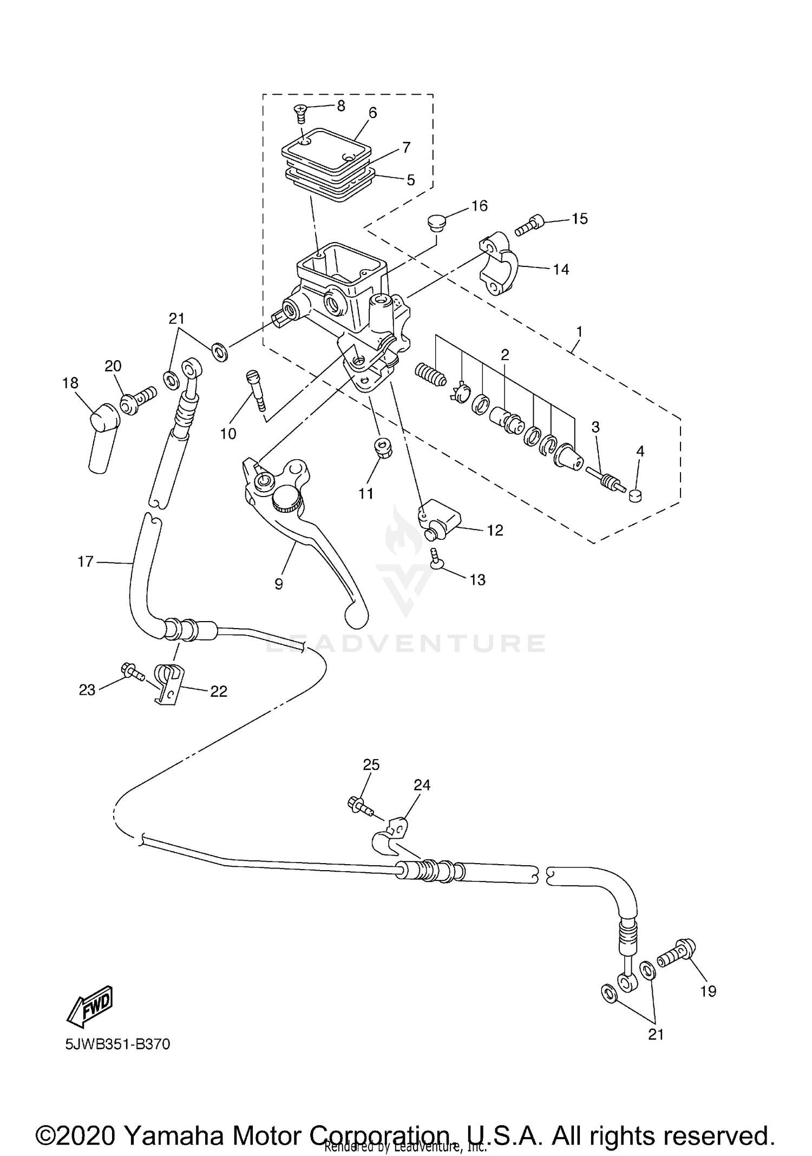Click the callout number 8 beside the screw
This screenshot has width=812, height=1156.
tap(340, 106)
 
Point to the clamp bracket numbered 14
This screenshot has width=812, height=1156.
tap(499, 264)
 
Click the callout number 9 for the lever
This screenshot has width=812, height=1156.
tap(278, 584)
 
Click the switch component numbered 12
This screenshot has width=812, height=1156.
tap(439, 520)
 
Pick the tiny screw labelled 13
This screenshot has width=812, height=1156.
tap(435, 559)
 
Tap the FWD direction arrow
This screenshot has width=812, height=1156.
tap(90, 1007)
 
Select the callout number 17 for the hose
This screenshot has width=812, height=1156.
tap(86, 562)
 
